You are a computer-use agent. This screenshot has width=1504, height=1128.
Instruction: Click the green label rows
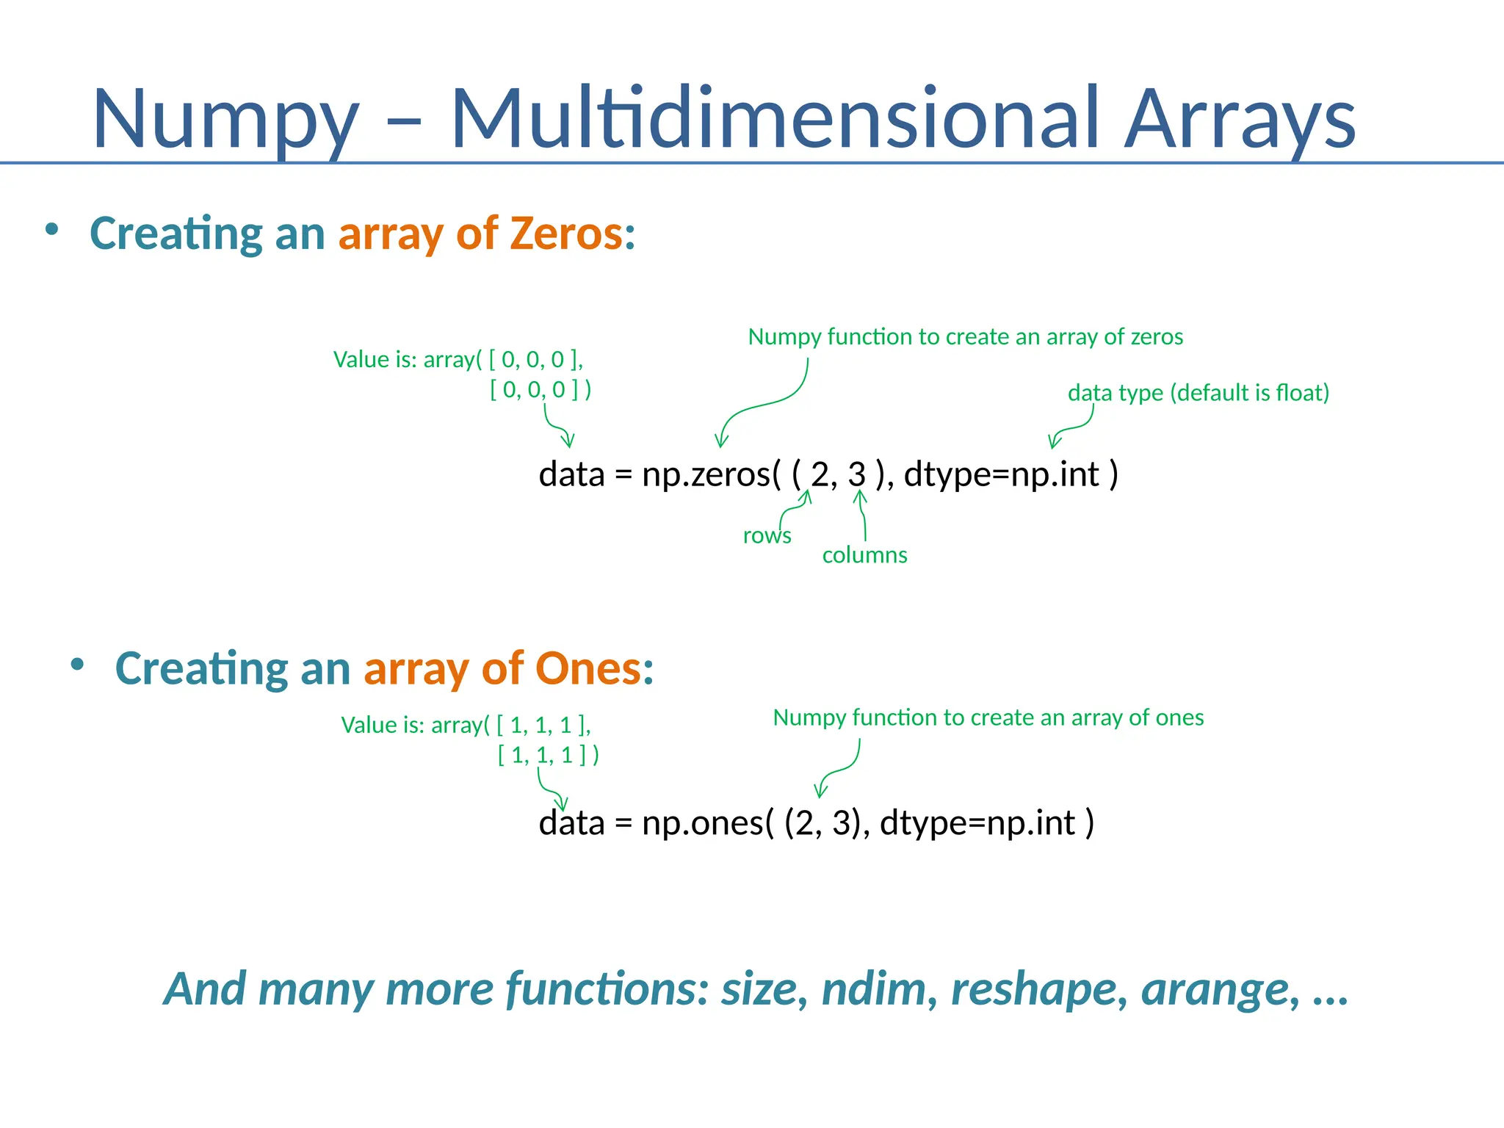tap(767, 535)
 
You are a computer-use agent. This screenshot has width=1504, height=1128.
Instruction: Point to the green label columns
tap(864, 555)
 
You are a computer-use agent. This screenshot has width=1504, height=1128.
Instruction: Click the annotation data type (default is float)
tap(1198, 393)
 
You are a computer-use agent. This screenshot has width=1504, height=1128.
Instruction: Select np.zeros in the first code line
tap(705, 474)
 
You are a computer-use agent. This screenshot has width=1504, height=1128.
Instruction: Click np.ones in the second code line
tap(703, 822)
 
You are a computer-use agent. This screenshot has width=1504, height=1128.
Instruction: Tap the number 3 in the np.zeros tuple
tap(856, 474)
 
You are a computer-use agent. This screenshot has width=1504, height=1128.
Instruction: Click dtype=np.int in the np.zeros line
tap(1001, 474)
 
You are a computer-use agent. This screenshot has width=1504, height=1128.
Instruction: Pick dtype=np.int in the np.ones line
tap(977, 822)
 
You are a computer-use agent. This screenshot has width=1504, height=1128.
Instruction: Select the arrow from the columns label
tap(863, 514)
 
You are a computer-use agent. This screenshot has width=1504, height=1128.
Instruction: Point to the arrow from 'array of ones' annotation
tap(837, 771)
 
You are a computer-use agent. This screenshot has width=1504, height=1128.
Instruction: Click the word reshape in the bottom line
tap(1036, 988)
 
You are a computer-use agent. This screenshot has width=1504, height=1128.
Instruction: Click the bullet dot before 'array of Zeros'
tap(51, 230)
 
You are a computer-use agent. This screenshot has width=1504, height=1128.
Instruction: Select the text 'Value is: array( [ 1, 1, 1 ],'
tap(466, 726)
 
